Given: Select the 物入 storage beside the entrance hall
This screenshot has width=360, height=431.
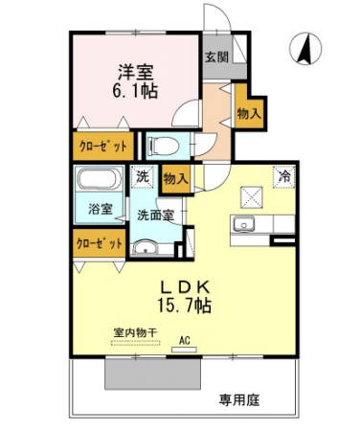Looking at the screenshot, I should tap(249, 113).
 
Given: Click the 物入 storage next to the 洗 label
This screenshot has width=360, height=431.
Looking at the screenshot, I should tap(175, 177).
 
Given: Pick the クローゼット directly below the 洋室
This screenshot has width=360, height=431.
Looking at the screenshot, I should tap(100, 148).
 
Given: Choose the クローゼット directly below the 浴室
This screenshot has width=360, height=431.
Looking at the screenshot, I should tap(100, 243).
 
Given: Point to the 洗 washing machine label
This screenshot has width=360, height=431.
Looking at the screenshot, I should tap(143, 176).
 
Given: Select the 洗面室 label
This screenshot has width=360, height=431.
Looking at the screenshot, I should tap(154, 215).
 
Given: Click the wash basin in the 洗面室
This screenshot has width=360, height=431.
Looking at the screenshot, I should tap(146, 247).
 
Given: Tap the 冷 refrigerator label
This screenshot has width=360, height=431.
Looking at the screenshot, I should tap(283, 175).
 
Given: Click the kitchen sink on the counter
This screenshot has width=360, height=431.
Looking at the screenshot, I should tap(241, 226).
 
